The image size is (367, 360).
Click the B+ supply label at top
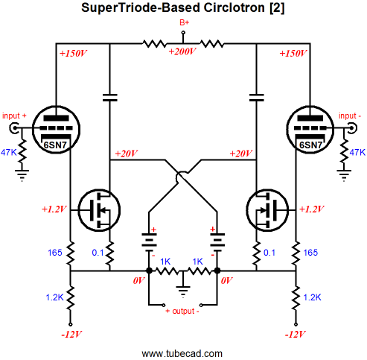coord(185,22)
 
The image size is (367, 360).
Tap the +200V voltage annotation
coord(182,51)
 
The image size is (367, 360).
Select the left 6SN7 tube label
coord(55,145)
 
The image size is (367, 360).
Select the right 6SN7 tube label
coord(310,145)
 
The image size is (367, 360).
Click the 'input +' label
coord(14,116)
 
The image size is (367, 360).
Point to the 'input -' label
coord(350,116)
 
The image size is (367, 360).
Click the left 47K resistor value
coord(9,152)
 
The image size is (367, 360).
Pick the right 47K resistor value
coord(357,152)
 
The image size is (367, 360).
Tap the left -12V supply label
coord(71,335)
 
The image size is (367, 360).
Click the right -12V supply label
coord(296,335)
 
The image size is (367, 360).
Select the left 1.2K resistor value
coord(54,297)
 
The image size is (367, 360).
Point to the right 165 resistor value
coord(310,253)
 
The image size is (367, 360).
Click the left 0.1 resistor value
coord(98,253)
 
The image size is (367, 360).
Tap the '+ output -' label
coord(182,311)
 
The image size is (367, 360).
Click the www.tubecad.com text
coord(182,353)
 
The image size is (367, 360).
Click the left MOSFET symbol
coord(99,210)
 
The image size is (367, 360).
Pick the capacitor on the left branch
coord(110,98)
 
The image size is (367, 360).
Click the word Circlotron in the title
coord(234,7)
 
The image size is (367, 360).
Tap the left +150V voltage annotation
coord(73,53)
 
